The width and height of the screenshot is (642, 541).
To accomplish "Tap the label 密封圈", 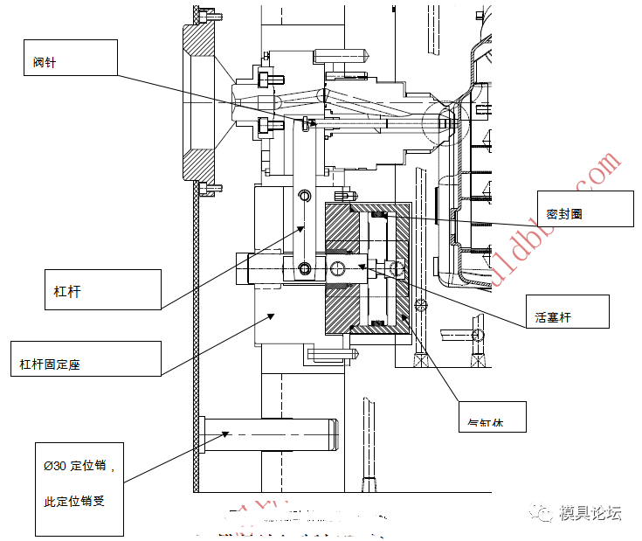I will coord(564,213).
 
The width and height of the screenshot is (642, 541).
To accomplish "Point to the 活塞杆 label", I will coord(553,316).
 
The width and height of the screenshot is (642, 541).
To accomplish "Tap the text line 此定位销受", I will coord(74,502).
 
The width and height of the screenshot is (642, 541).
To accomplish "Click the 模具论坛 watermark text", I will coord(590,513).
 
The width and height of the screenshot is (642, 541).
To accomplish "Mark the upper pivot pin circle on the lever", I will coord(303,195).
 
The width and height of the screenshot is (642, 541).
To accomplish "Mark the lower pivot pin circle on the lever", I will coord(303,267).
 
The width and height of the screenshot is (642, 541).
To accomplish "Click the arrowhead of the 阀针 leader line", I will coord(315,123).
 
